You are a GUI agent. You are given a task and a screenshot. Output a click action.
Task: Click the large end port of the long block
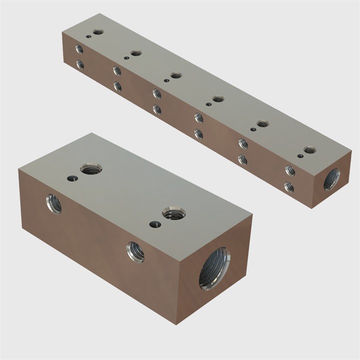pos(331,179)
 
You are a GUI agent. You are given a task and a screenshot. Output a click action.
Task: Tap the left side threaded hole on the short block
pos(54,203)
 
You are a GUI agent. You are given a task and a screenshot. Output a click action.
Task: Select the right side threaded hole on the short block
pos(135,251)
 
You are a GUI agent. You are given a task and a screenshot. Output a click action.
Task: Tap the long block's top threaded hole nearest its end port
pos(309,149)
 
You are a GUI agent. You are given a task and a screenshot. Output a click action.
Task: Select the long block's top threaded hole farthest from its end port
pos(98,32)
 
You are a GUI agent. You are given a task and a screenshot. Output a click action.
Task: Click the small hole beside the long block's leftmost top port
pos(88,36)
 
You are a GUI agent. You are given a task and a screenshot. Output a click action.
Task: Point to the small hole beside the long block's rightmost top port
pos(300,156)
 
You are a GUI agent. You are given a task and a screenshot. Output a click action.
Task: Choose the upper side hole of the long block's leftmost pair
pos(79,49)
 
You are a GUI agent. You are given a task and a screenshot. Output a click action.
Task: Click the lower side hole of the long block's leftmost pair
pos(79,64)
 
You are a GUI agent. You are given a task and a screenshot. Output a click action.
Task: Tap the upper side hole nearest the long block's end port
pos(289,170)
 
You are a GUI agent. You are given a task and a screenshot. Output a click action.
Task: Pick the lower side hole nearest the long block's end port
pos(288,187)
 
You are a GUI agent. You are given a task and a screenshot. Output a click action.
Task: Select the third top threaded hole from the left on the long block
pos(175,75)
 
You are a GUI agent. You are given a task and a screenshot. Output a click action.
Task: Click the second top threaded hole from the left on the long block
pos(135,53)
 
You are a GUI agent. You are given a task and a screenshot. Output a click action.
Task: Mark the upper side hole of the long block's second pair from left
pos(117,70)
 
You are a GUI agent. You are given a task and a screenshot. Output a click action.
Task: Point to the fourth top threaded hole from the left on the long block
pos(217,99)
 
